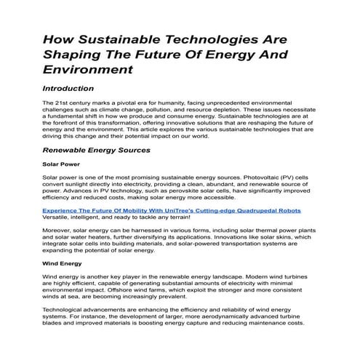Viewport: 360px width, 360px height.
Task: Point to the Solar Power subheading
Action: [61, 164]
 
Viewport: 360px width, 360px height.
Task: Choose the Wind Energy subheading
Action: [63, 264]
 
